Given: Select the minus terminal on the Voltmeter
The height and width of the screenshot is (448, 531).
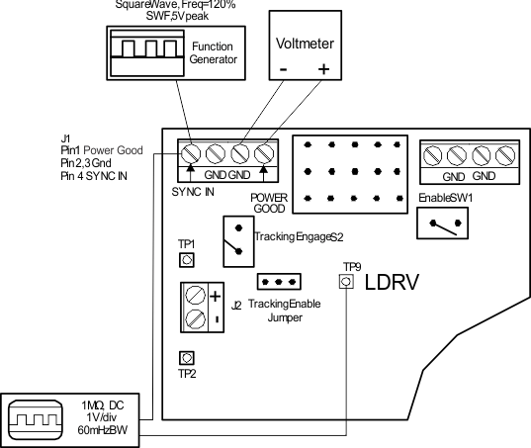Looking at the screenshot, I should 283,70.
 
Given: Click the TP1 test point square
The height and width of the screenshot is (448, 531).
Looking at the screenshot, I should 186,260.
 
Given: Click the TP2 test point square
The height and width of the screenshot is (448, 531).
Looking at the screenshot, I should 186,358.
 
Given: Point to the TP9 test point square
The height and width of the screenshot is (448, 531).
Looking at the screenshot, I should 345,282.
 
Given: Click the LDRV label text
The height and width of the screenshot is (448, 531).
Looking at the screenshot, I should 394,283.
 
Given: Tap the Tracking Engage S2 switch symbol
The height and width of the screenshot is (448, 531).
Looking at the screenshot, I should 236,239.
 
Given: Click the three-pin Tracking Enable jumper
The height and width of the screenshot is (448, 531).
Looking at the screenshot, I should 278,282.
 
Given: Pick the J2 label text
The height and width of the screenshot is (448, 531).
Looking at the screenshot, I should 236,305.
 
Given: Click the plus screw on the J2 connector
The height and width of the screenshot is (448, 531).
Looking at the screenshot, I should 196,296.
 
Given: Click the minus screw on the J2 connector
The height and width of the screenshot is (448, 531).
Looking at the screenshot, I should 196,320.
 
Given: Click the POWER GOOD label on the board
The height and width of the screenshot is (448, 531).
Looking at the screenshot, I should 268,203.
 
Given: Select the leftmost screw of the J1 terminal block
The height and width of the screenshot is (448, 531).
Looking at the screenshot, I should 190,154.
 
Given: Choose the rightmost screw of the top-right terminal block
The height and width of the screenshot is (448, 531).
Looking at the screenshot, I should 505,154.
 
